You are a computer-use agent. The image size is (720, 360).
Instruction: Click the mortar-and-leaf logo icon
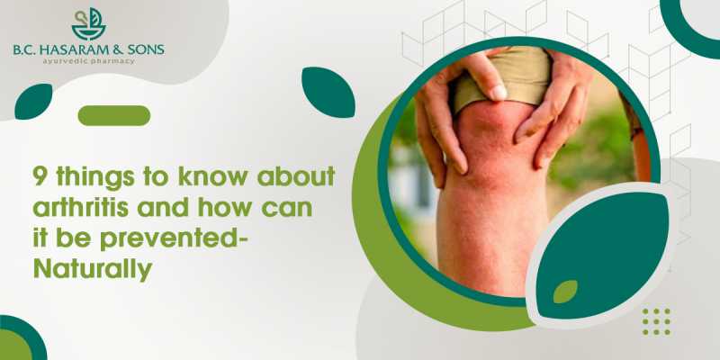(x=89, y=24)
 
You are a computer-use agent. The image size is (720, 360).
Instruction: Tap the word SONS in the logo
(x=146, y=50)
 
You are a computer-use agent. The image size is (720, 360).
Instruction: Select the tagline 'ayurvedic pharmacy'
(x=89, y=61)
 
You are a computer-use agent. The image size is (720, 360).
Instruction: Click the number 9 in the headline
(x=40, y=176)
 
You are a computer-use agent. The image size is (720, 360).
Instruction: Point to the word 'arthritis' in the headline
(x=81, y=207)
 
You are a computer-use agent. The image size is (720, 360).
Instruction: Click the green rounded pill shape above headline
(x=114, y=115)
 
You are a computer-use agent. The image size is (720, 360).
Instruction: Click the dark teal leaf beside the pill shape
(x=33, y=102)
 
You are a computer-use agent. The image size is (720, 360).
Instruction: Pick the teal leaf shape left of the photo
(x=328, y=92)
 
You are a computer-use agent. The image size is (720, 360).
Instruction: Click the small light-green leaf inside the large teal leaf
(x=565, y=292)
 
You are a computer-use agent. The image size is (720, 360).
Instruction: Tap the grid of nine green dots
(x=656, y=321)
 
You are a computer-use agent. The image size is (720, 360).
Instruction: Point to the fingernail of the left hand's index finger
(x=499, y=92)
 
